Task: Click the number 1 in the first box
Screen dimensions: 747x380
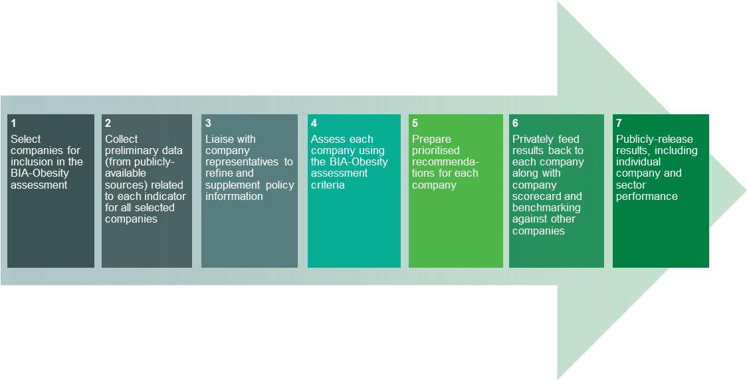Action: coord(13,124)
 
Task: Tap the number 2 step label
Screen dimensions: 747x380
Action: coord(108,124)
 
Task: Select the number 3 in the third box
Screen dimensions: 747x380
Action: coord(208,124)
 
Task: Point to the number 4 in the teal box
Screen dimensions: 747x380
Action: coord(314,124)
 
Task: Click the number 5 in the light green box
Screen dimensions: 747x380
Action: coord(415,124)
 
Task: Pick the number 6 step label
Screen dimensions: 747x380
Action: coord(516,124)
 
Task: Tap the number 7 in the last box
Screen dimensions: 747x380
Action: coord(619,124)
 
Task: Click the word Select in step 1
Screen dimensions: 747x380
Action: coord(26,139)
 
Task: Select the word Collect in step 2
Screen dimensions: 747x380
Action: coord(122,139)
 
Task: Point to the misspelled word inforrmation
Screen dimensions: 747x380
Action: coord(234,196)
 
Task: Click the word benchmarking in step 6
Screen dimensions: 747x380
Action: coord(546,208)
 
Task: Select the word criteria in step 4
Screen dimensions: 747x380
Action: coord(328,185)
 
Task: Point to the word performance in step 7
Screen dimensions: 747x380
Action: coord(647,197)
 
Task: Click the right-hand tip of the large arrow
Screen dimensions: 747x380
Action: coord(746,191)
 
